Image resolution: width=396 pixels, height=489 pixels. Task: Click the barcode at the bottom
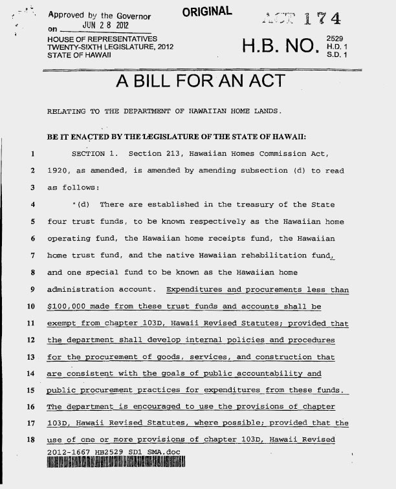point(116,463)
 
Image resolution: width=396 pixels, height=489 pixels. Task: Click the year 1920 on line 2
point(60,172)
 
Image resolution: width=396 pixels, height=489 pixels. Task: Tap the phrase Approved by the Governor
point(104,16)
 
